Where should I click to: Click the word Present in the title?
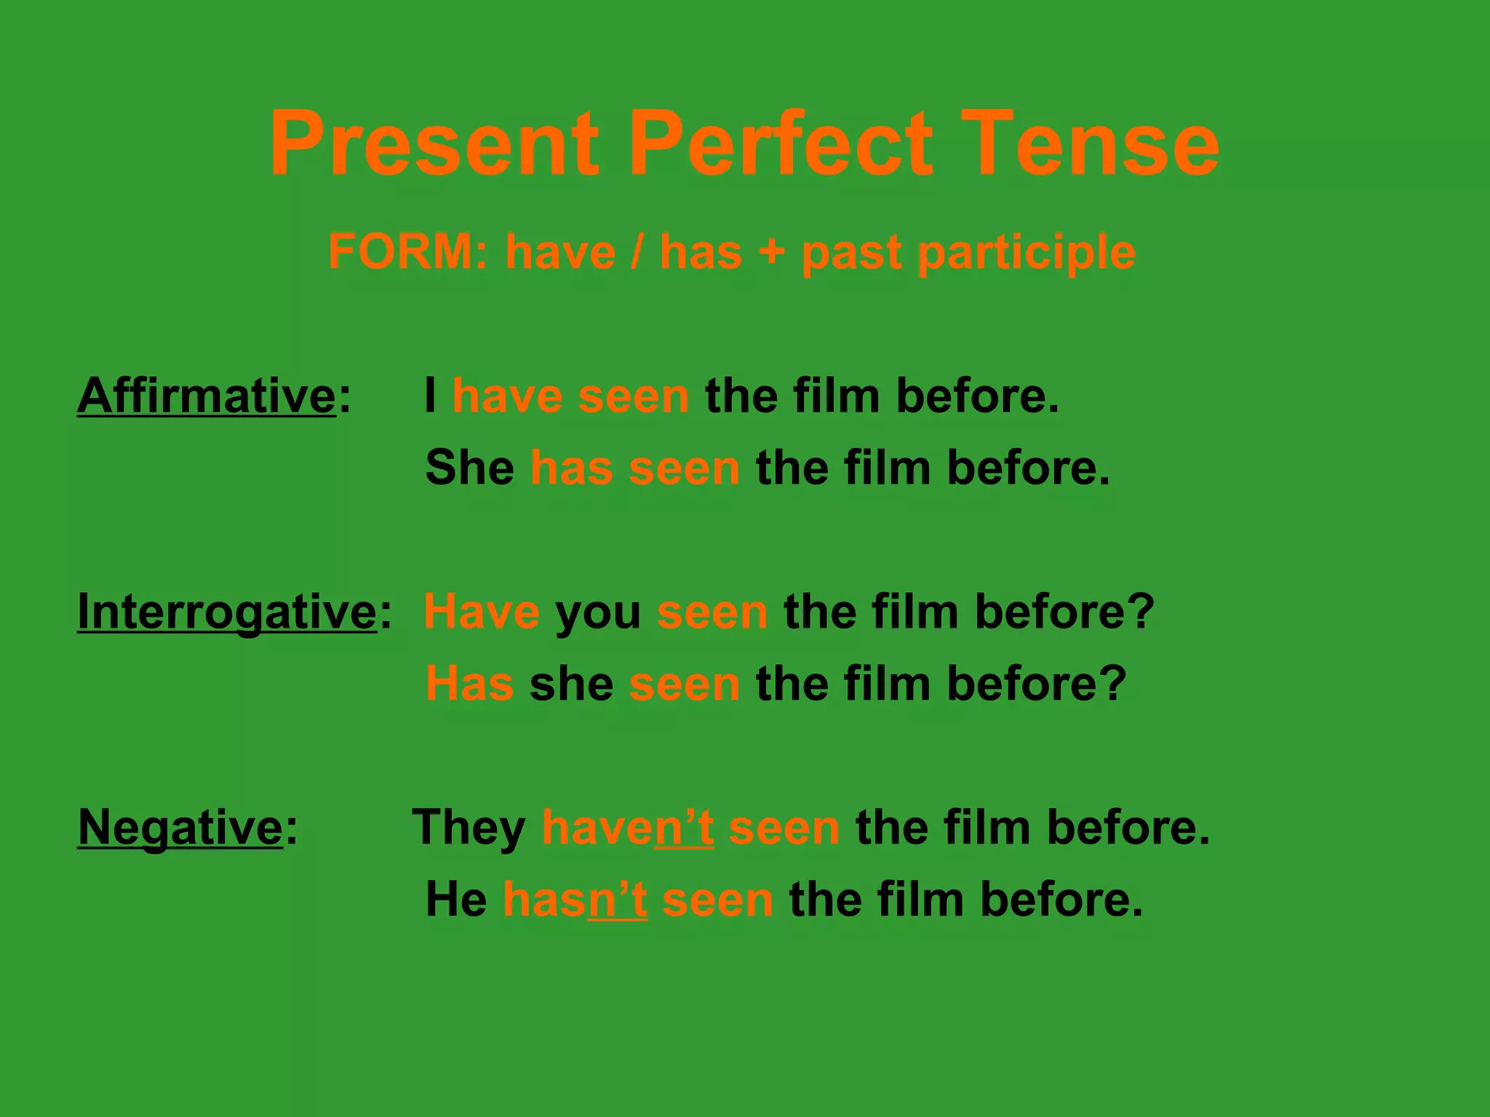click(x=434, y=143)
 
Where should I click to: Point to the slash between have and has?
click(x=637, y=252)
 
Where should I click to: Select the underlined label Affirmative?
click(x=207, y=396)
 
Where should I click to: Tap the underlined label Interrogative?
click(x=227, y=612)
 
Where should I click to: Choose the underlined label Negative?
click(x=180, y=828)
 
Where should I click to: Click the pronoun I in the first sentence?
click(x=431, y=396)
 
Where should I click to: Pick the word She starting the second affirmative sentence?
click(x=469, y=468)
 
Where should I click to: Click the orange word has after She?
click(x=571, y=468)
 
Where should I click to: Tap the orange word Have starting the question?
click(x=481, y=612)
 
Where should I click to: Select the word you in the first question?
click(x=598, y=613)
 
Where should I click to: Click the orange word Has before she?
click(x=469, y=684)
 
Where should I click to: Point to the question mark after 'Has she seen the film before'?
click(x=1112, y=684)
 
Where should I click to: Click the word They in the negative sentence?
click(x=469, y=828)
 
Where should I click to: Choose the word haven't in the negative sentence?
click(x=627, y=828)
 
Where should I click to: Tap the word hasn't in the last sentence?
click(x=575, y=900)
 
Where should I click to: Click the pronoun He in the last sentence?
click(x=456, y=900)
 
